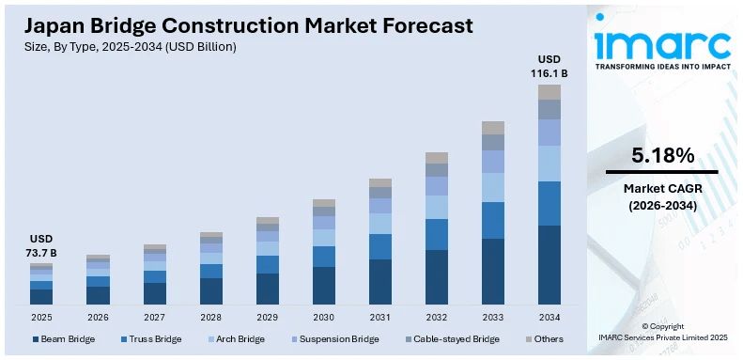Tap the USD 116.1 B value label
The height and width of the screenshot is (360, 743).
tap(549, 66)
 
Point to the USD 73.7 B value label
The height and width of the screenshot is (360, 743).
tap(41, 246)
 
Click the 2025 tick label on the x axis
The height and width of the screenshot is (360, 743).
tap(41, 318)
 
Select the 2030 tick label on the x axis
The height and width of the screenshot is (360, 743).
tap(323, 318)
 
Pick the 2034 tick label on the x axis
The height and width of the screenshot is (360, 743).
tap(549, 318)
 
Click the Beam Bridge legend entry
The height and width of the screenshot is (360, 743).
tap(64, 338)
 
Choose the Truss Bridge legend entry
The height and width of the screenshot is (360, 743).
tap(150, 338)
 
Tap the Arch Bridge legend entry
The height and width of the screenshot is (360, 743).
tap(235, 338)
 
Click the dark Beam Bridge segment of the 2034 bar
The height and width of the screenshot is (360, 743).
tap(549, 264)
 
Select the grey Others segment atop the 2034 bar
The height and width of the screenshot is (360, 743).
tap(549, 92)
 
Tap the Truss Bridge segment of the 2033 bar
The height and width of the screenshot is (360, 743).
tap(492, 220)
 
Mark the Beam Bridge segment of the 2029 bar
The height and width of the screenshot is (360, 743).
tap(267, 289)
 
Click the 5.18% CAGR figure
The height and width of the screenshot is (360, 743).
tap(662, 155)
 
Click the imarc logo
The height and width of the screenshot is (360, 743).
tap(662, 47)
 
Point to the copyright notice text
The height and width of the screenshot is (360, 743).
tap(662, 331)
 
